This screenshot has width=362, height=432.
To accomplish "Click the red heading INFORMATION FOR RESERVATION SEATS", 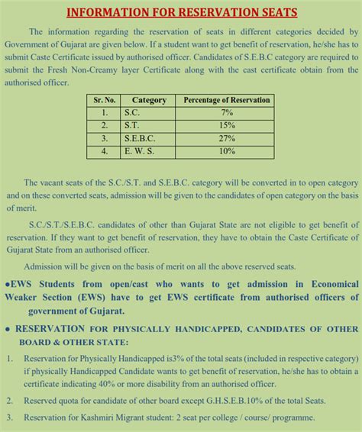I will pyautogui.click(x=181, y=13).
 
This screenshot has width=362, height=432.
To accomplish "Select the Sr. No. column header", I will pyautogui.click(x=104, y=100).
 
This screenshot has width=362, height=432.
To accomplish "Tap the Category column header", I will pyautogui.click(x=149, y=100).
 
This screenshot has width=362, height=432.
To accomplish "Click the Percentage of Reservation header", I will pyautogui.click(x=227, y=100).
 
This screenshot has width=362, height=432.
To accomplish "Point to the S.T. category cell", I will pyautogui.click(x=132, y=126).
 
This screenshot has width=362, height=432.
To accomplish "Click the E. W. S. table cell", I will pyautogui.click(x=139, y=152).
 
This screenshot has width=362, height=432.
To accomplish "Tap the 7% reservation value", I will pyautogui.click(x=227, y=113).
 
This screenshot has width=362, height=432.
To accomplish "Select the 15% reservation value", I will pyautogui.click(x=227, y=126).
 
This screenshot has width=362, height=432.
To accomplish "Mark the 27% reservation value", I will pyautogui.click(x=227, y=139).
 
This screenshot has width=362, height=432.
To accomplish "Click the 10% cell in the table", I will pyautogui.click(x=227, y=152).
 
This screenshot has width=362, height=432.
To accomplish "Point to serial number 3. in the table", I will pyautogui.click(x=104, y=139).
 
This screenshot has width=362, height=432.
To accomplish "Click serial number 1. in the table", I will pyautogui.click(x=104, y=113).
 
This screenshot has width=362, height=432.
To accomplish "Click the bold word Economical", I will pyautogui.click(x=326, y=284).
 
